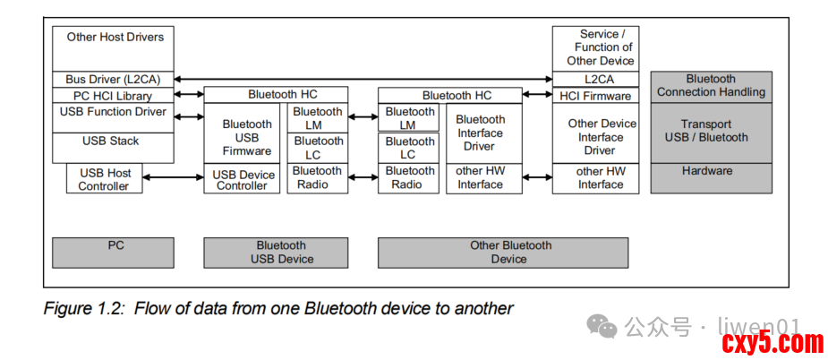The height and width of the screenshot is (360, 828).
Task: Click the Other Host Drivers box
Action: pyautogui.click(x=113, y=48)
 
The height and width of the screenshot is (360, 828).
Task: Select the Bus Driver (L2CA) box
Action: pyautogui.click(x=113, y=80)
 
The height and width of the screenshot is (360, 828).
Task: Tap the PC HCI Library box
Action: pyautogui.click(x=113, y=96)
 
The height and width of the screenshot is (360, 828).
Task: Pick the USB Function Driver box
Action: pyautogui.click(x=113, y=118)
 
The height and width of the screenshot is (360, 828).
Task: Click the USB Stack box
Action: pyautogui.click(x=113, y=148)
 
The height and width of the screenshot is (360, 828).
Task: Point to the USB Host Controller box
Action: pyautogui.click(x=104, y=179)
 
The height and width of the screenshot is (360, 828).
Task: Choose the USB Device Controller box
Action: pyautogui.click(x=242, y=179)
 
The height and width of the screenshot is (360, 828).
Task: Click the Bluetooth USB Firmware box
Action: pyautogui.click(x=242, y=133)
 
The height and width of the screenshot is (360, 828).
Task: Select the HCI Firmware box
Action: pyautogui.click(x=595, y=96)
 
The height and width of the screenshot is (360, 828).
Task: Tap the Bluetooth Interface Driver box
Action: pyautogui.click(x=483, y=133)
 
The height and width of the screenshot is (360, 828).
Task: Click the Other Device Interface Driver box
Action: pyautogui.click(x=595, y=133)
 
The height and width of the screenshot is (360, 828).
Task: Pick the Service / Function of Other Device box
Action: pyautogui.click(x=595, y=48)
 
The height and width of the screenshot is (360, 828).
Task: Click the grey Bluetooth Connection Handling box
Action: pyautogui.click(x=711, y=87)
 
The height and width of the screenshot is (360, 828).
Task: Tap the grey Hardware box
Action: pyautogui.click(x=711, y=178)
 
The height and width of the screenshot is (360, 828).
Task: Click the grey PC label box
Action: pyautogui.click(x=113, y=253)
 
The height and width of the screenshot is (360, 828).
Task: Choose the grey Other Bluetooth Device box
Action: pyautogui.click(x=503, y=253)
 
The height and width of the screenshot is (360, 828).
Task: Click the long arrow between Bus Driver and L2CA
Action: pyautogui.click(x=363, y=80)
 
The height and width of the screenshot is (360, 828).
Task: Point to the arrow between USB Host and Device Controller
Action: pyautogui.click(x=173, y=177)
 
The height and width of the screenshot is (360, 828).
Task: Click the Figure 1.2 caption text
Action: pyautogui.click(x=278, y=308)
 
